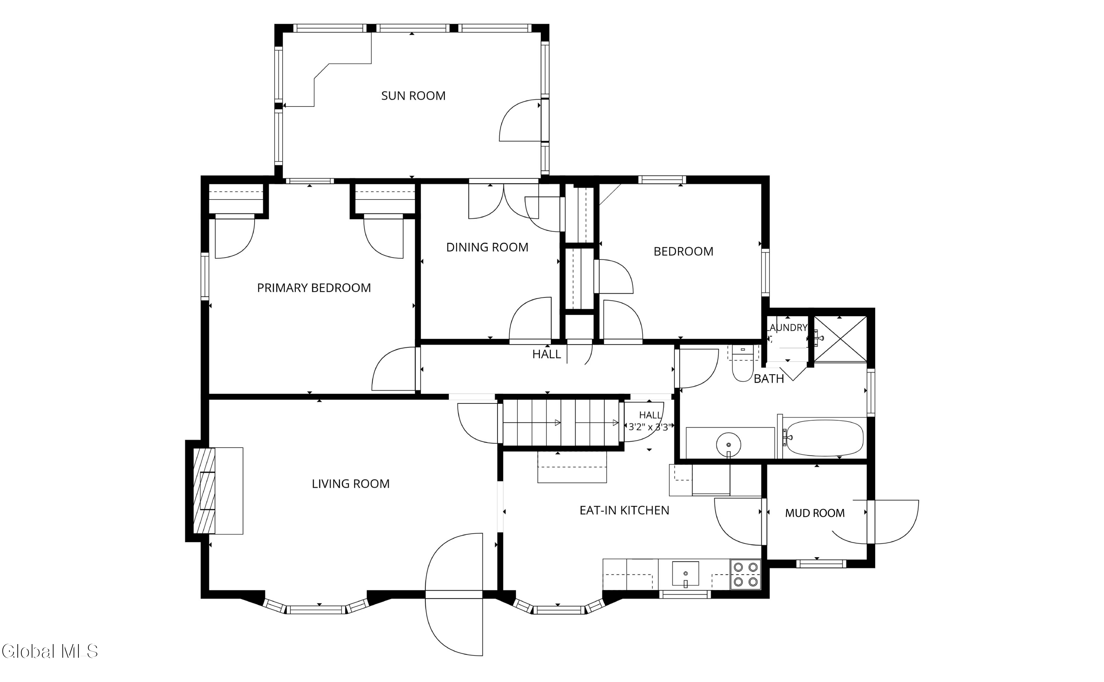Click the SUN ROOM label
click(413, 96)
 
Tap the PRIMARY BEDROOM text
click(314, 288)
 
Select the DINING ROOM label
click(487, 247)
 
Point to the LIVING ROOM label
click(350, 484)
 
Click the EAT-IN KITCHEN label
click(624, 510)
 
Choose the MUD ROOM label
click(814, 513)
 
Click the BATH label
click(769, 379)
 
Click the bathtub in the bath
click(824, 438)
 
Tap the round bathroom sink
click(728, 445)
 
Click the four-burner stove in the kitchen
click(746, 574)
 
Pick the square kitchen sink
click(686, 574)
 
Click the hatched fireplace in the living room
click(204, 491)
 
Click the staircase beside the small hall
click(560, 423)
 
